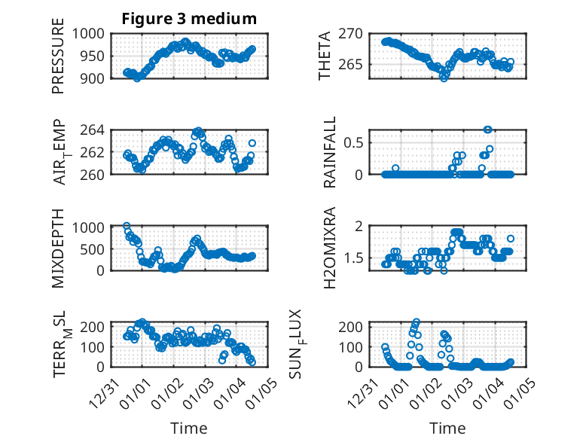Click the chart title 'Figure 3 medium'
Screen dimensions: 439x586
pos(189,19)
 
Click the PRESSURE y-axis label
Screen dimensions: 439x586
pos(59,56)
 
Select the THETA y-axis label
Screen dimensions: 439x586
pos(325,56)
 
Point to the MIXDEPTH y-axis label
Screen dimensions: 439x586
pos(59,248)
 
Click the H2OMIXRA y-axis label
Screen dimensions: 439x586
pos(330,248)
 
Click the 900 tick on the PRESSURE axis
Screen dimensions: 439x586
pos(95,78)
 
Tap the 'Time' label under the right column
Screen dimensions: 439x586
pos(447,428)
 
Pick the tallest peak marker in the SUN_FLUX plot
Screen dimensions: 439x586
pos(417,322)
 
